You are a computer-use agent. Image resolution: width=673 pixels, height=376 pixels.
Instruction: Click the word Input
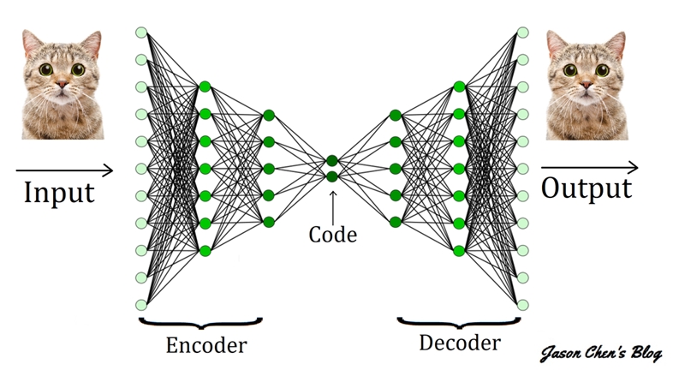pyautogui.click(x=58, y=191)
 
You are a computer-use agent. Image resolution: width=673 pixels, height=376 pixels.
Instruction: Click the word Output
pyautogui.click(x=587, y=188)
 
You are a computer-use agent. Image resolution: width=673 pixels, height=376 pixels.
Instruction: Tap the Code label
pyautogui.click(x=332, y=235)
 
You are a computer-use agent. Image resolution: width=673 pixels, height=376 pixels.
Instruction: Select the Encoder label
pyautogui.click(x=205, y=345)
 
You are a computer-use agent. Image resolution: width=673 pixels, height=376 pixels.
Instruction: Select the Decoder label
pyautogui.click(x=459, y=343)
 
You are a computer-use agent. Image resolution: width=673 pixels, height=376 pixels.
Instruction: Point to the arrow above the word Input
pyautogui.click(x=63, y=170)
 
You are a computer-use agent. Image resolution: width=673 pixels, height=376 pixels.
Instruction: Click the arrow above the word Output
pyautogui.click(x=588, y=166)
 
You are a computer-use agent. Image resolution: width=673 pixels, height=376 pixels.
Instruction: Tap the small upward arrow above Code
pyautogui.click(x=332, y=204)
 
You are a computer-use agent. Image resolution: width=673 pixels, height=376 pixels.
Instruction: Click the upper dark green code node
pyautogui.click(x=332, y=161)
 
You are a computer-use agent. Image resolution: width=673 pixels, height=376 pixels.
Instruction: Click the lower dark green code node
pyautogui.click(x=332, y=176)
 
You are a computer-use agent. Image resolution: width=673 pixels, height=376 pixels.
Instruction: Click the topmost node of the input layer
pyautogui.click(x=141, y=33)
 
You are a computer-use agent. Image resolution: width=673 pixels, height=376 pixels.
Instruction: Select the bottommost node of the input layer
pyautogui.click(x=141, y=305)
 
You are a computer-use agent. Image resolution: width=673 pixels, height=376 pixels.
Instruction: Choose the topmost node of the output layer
pyautogui.click(x=521, y=33)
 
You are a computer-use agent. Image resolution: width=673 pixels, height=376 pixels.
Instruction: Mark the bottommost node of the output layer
pyautogui.click(x=521, y=305)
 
